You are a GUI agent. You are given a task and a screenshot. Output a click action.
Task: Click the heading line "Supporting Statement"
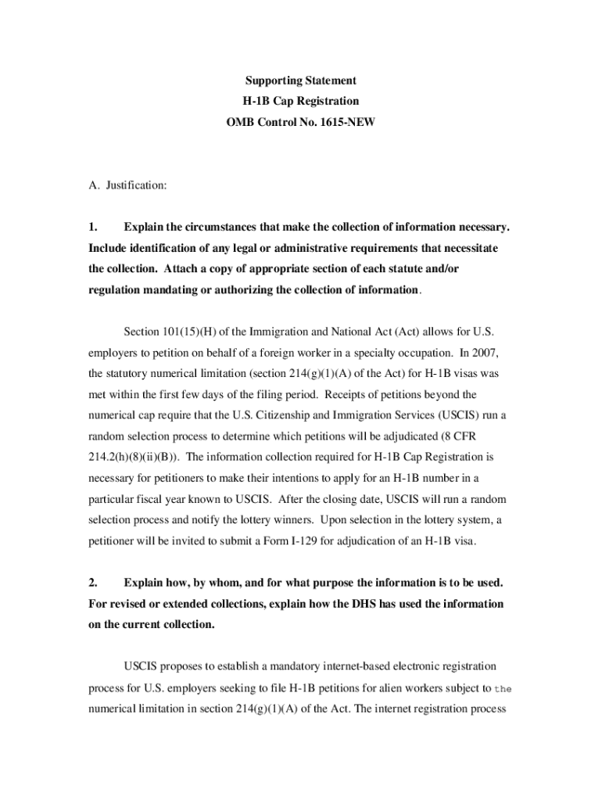point(301,81)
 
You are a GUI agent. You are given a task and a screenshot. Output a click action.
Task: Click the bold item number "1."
point(93,227)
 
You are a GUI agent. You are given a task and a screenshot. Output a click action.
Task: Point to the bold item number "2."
point(93,583)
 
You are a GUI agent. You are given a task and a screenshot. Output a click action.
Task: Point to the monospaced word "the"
point(502,688)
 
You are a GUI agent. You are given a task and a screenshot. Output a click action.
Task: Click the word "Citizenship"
point(297,415)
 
